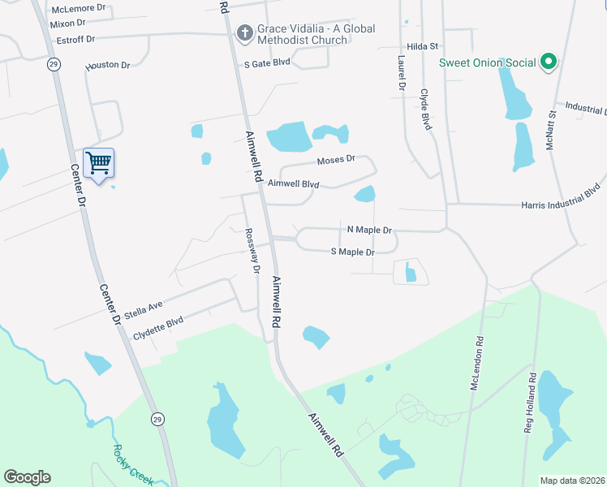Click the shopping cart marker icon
pyautogui.click(x=98, y=163)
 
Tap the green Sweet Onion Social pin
pyautogui.click(x=548, y=62)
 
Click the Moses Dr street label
pyautogui.click(x=337, y=160)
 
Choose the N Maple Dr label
pyautogui.click(x=369, y=231)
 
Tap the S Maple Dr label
pyautogui.click(x=352, y=252)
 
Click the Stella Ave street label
pyautogui.click(x=144, y=309)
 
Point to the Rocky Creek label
pyautogui.click(x=132, y=463)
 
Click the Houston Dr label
pyautogui.click(x=108, y=65)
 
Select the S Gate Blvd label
pyautogui.click(x=267, y=62)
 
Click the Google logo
pyautogui.click(x=27, y=477)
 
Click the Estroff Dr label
pyautogui.click(x=72, y=39)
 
